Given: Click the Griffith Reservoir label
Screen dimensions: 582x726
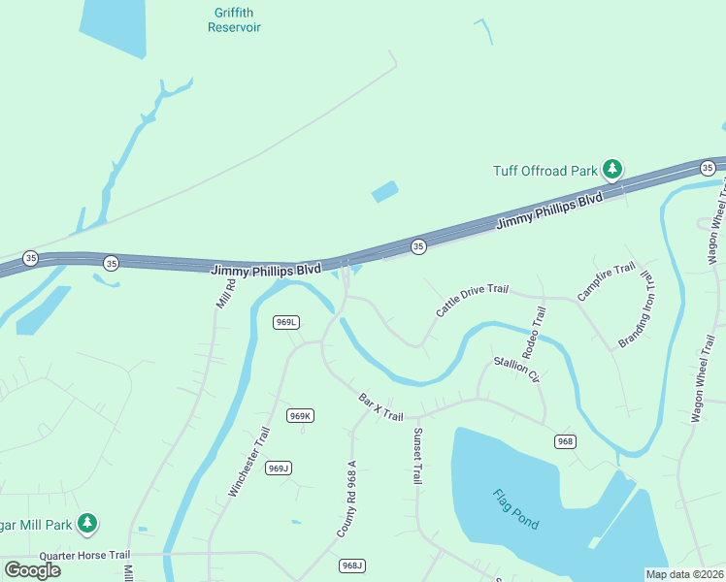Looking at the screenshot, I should pos(234,20).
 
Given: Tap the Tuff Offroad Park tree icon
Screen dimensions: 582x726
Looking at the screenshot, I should pos(611,170).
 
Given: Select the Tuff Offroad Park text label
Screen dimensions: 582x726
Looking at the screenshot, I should pos(544,171).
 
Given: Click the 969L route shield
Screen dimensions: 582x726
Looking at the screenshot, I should pos(285,322).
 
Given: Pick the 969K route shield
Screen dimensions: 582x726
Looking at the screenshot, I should pos(300,416).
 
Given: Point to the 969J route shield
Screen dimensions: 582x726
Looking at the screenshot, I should pos(279,469).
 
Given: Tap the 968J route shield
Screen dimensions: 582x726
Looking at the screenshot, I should pos(352,566).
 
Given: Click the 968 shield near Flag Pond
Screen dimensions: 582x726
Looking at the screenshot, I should pos(566,441).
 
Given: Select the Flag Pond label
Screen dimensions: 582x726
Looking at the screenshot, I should pos(513,508).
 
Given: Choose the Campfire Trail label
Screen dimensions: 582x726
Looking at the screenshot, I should pos(606,281).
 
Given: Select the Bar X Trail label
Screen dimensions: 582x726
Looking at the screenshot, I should pos(380,406).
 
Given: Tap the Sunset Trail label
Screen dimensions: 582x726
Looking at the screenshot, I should pos(417,456).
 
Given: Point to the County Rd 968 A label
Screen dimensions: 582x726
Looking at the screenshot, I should pos(347,500).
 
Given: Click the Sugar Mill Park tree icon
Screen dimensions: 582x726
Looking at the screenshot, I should pos(87,524).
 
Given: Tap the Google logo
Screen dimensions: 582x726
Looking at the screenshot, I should pos(33,569).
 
